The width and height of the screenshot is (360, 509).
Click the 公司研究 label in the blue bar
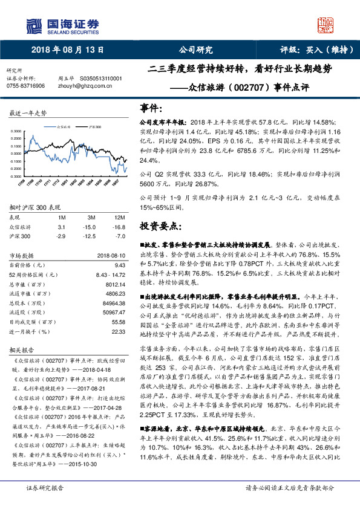tap(195, 50)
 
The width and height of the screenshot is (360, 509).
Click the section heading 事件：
tap(152, 107)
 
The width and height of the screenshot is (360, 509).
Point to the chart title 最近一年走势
tap(28, 113)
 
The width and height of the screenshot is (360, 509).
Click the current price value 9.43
tap(119, 265)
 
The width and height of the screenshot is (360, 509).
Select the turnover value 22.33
tap(118, 332)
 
